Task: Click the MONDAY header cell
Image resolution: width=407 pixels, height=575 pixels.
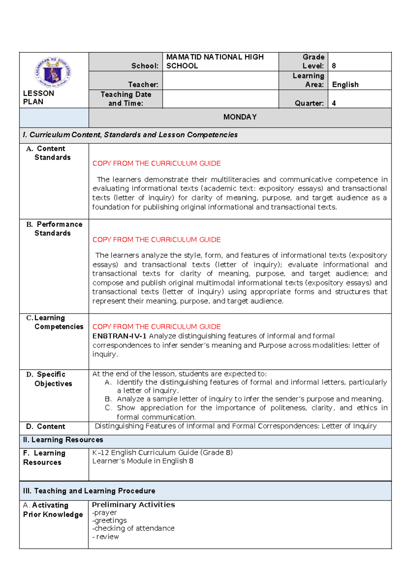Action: pyautogui.click(x=240, y=117)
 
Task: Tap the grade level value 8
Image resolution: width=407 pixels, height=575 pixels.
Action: pyautogui.click(x=334, y=66)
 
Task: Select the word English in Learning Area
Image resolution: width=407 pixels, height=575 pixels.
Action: pyautogui.click(x=345, y=84)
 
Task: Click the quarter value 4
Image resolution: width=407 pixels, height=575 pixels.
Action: pyautogui.click(x=334, y=103)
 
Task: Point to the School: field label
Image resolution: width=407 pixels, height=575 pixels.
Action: pyautogui.click(x=145, y=66)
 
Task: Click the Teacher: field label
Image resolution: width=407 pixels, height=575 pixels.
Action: pyautogui.click(x=143, y=84)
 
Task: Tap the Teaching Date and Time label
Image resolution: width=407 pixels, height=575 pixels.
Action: pyautogui.click(x=126, y=99)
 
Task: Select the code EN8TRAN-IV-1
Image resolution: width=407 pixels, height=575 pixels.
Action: pyautogui.click(x=119, y=336)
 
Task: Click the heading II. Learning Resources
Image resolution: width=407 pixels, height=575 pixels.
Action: pyautogui.click(x=63, y=440)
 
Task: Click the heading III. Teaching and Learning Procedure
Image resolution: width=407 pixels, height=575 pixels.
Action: pyautogui.click(x=89, y=491)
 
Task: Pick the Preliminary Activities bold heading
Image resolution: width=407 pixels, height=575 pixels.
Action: pyautogui.click(x=133, y=504)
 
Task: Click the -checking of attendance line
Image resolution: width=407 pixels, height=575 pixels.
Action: pyautogui.click(x=133, y=528)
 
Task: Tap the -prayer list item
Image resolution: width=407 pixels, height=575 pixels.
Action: pyautogui.click(x=104, y=513)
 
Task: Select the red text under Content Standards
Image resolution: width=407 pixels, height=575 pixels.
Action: pyautogui.click(x=156, y=163)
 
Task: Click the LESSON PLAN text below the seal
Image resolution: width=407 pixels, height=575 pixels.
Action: pyautogui.click(x=38, y=97)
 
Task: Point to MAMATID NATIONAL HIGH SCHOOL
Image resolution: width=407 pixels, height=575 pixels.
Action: pyautogui.click(x=214, y=61)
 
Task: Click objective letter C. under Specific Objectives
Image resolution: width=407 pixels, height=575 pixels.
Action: pyautogui.click(x=108, y=408)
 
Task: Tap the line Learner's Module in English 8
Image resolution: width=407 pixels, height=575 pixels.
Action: pyautogui.click(x=143, y=461)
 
